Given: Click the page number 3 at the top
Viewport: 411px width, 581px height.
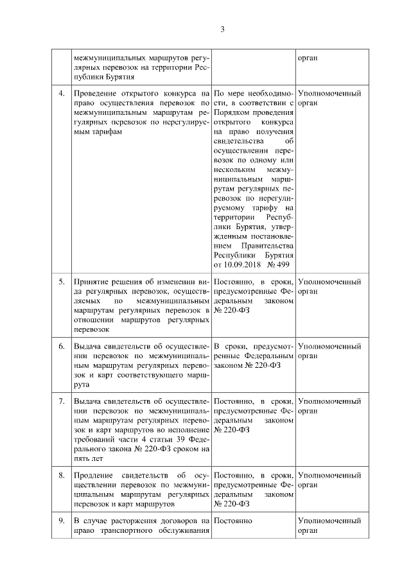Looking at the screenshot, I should (x=222, y=29).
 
